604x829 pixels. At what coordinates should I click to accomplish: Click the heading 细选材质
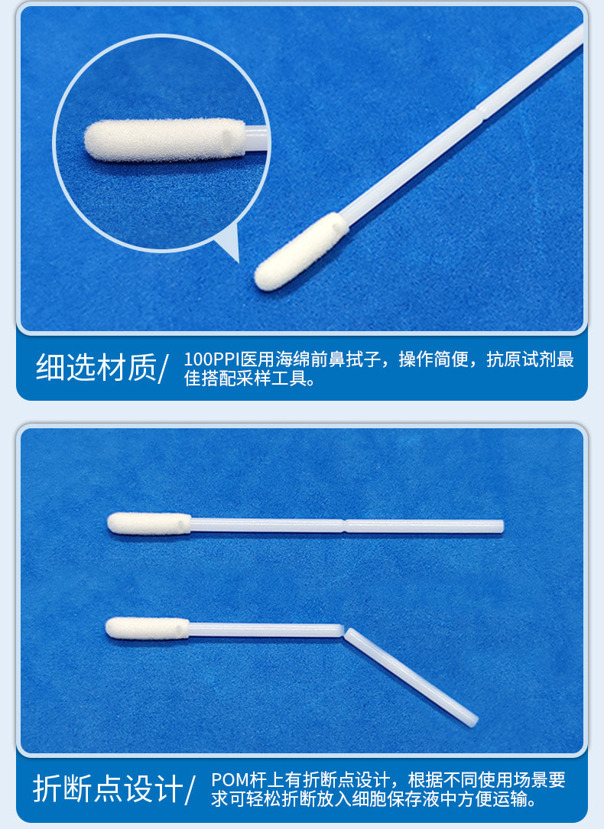point(96,368)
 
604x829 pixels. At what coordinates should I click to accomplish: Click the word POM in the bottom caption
point(226,781)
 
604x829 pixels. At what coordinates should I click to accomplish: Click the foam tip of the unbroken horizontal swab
point(149,523)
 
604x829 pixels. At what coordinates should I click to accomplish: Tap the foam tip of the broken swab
point(147,628)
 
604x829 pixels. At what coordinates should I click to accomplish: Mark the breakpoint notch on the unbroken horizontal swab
point(345,525)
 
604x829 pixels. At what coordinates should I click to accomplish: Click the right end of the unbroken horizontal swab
point(500,526)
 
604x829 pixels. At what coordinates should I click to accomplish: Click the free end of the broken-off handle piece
point(472,720)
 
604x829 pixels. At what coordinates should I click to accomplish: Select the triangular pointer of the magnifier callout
point(229,245)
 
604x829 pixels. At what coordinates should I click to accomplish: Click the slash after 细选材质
point(162,369)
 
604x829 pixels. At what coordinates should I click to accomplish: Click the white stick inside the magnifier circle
point(256,138)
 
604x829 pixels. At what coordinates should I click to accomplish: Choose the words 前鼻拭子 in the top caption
point(359,360)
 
